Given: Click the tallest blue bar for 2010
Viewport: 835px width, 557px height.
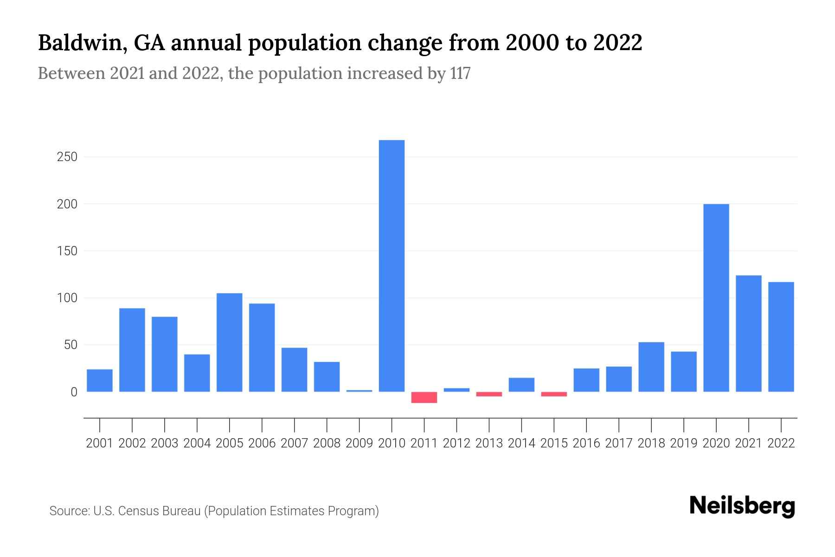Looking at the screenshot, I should (392, 266).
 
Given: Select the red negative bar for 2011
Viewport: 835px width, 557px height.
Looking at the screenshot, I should (424, 397).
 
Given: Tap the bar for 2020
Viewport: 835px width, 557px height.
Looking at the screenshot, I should (716, 298).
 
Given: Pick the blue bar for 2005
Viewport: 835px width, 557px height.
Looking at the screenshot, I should (229, 342).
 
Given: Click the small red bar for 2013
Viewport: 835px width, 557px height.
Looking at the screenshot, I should (489, 394).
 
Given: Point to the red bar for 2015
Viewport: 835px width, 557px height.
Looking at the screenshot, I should (554, 394).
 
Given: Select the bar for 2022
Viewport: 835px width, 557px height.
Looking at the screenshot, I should (781, 337).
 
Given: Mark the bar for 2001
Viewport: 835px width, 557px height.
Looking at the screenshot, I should (100, 380).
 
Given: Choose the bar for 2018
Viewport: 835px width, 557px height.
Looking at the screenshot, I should (651, 367).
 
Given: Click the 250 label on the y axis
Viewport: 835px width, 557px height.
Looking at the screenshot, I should (67, 157).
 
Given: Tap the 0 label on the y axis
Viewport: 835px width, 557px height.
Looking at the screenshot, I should (74, 392).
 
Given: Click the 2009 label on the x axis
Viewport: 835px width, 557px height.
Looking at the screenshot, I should (359, 443).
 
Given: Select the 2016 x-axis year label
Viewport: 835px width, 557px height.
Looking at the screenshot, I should (586, 443).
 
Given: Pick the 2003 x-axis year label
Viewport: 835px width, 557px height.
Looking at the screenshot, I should (165, 443).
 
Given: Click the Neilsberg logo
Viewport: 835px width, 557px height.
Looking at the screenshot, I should (742, 506).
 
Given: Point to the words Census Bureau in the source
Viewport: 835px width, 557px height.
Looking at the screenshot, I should (160, 511).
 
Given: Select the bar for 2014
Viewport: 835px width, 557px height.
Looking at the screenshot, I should (521, 385).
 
